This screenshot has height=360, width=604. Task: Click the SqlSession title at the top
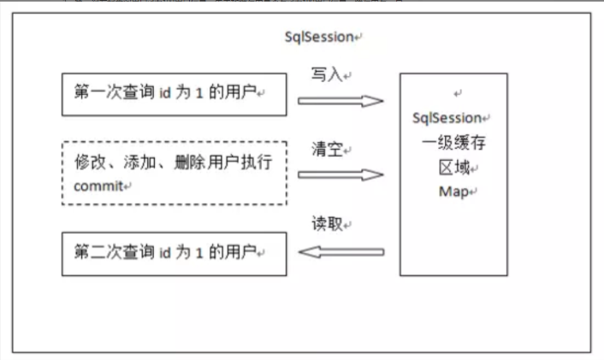point(319,38)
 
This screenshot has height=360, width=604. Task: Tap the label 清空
point(327,150)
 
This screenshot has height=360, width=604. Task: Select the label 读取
point(327,224)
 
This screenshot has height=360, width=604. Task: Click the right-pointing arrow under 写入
point(340,101)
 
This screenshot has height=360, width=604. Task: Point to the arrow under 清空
point(340,174)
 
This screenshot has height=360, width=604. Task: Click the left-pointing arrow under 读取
point(340,251)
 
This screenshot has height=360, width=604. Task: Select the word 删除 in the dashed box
point(188,162)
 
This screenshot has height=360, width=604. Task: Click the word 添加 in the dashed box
point(139,162)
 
